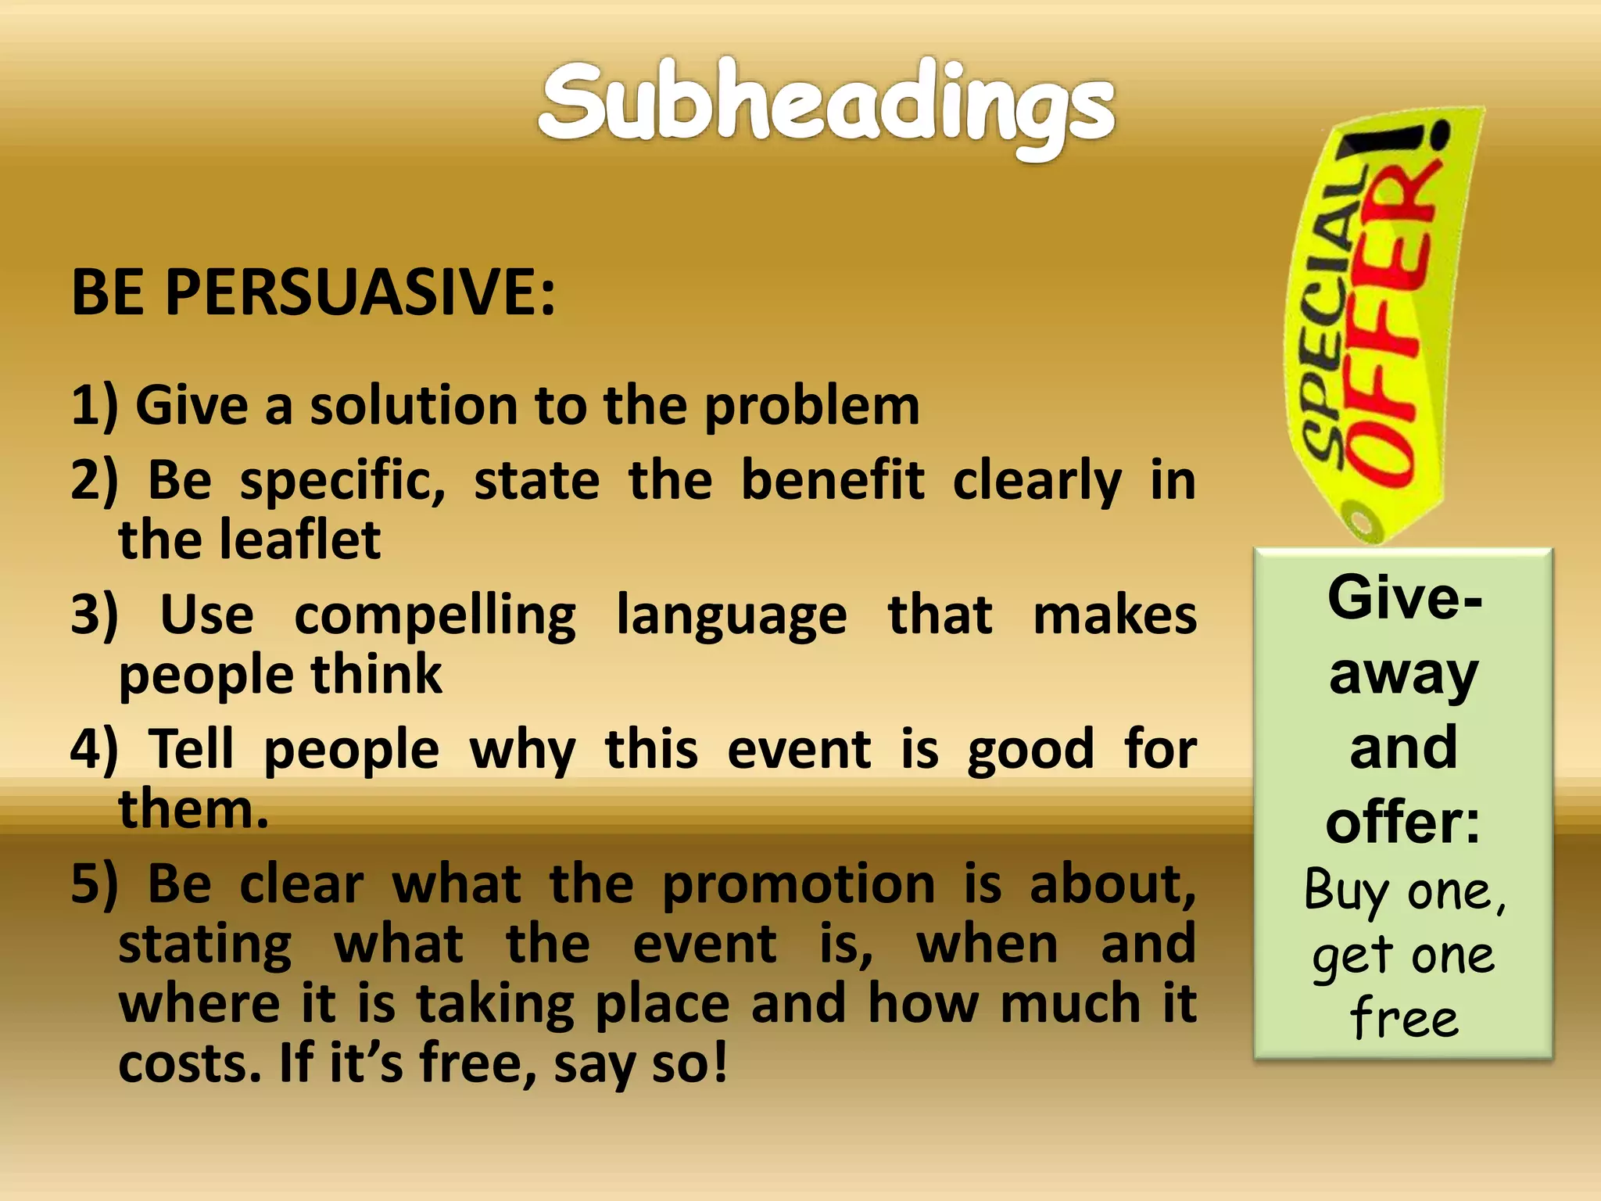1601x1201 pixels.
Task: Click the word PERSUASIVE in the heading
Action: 360,292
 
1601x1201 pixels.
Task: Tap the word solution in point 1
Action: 414,407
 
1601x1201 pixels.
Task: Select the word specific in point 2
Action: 342,481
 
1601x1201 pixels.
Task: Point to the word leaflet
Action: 299,540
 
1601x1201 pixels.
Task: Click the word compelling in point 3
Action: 435,615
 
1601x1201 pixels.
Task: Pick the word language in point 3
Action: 731,615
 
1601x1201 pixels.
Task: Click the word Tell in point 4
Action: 191,749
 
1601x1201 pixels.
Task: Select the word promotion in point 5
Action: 798,884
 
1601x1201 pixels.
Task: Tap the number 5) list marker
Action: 94,884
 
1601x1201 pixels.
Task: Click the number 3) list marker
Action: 94,615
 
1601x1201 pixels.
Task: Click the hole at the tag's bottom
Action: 1363,520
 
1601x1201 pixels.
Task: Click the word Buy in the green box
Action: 1345,891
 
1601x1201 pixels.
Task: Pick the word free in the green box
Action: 1404,1019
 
